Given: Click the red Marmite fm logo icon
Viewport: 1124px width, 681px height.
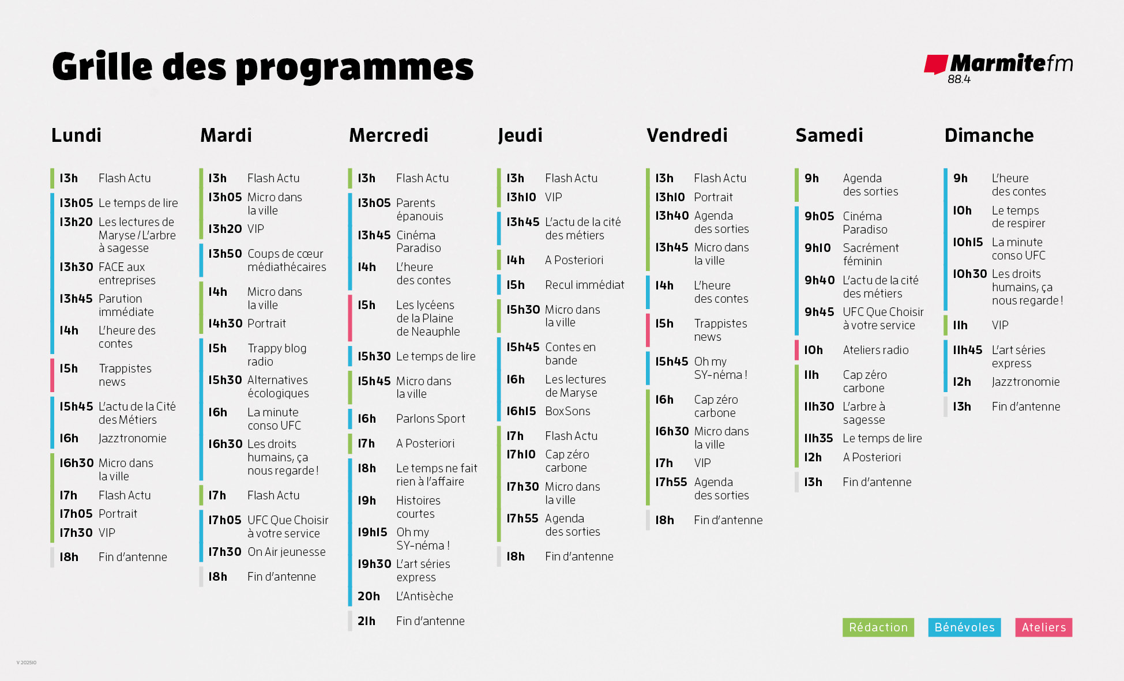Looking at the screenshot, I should [x=935, y=64].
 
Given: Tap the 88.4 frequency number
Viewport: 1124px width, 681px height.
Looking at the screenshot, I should [x=959, y=80].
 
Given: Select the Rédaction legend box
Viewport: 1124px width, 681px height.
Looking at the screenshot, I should [x=878, y=627].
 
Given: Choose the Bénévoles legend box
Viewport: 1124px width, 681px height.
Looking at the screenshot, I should [x=964, y=627].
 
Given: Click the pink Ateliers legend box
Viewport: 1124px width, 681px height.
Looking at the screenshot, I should [x=1043, y=627].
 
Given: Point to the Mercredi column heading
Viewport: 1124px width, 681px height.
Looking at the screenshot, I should [x=389, y=135].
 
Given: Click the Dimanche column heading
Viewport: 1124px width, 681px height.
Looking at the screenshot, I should [x=988, y=135].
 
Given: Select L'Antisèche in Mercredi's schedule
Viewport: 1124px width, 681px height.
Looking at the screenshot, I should [x=424, y=596].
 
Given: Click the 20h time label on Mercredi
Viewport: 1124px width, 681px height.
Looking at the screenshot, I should [x=369, y=596].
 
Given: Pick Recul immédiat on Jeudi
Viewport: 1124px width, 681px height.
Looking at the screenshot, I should [x=584, y=285].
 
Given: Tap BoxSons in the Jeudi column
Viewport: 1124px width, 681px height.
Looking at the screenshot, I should [x=567, y=411].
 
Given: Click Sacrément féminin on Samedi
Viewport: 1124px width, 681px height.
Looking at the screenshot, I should [x=870, y=254].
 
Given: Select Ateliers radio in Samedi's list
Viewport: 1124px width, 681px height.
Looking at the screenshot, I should [x=875, y=350].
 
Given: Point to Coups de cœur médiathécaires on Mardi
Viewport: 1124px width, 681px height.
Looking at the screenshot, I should [x=286, y=260].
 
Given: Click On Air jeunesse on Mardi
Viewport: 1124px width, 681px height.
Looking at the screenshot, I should [x=286, y=552].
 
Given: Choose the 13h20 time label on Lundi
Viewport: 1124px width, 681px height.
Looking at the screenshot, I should [x=76, y=222].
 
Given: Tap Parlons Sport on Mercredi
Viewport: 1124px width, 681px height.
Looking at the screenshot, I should [x=430, y=419].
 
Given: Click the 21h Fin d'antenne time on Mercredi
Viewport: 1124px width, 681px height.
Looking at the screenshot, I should [x=366, y=621].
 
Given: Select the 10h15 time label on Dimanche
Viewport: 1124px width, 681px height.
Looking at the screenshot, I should [x=967, y=242].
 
